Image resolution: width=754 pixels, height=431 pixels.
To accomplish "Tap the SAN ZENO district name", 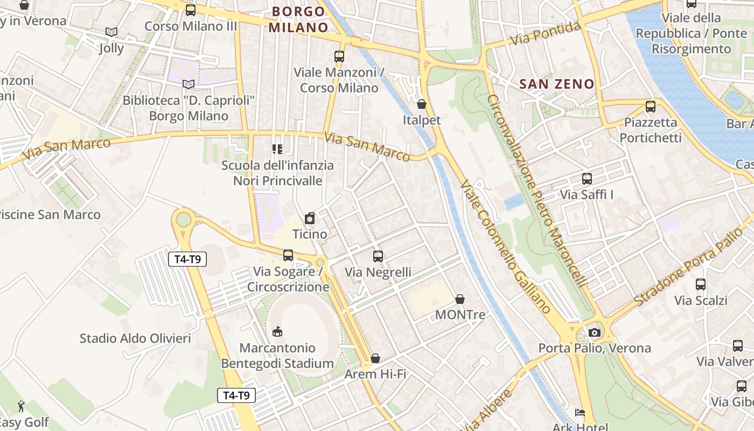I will click(x=557, y=84).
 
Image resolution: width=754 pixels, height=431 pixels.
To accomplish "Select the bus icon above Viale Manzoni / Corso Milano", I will click(x=339, y=56).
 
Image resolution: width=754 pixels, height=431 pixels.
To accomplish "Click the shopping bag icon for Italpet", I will click(x=422, y=104).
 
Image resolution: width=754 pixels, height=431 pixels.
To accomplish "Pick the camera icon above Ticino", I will click(x=310, y=218).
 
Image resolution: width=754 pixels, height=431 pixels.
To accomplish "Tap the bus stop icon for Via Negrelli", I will click(x=378, y=256).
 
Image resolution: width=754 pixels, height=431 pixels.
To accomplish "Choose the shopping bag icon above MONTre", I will click(x=460, y=298).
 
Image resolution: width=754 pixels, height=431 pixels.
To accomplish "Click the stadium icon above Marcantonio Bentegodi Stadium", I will click(x=277, y=331).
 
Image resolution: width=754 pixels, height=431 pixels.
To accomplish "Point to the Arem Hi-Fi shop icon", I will click(x=375, y=358).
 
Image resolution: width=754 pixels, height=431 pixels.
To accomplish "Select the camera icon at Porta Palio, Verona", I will click(x=595, y=332).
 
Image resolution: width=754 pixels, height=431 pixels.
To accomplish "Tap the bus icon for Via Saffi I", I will click(x=587, y=179).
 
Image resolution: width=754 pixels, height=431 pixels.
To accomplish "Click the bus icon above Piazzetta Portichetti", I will click(x=651, y=107).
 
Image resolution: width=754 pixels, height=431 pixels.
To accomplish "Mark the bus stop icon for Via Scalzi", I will click(x=701, y=284).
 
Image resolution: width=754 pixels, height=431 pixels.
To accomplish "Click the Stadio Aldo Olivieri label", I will click(x=135, y=338).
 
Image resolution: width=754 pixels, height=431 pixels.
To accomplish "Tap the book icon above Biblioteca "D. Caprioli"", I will click(x=188, y=84).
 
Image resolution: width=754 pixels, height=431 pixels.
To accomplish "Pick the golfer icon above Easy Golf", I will click(x=21, y=406).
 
